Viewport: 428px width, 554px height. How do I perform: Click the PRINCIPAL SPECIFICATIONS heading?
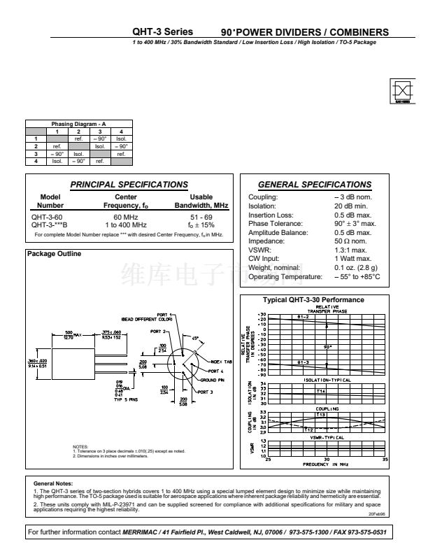point(129,185)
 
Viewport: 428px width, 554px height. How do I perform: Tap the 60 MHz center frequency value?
point(126,217)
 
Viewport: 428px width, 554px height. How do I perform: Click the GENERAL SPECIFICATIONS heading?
point(315,185)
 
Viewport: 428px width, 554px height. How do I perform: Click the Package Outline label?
point(54,253)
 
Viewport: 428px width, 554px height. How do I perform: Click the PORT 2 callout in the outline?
point(160,331)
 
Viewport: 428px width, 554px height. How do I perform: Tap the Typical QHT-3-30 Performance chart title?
point(313,299)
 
